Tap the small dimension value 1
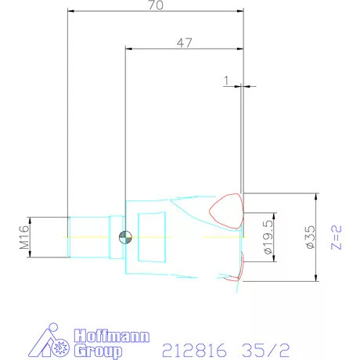226,80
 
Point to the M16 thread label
23,236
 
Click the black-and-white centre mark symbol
124,237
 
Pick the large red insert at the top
227,210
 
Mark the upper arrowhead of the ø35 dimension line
315,196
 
